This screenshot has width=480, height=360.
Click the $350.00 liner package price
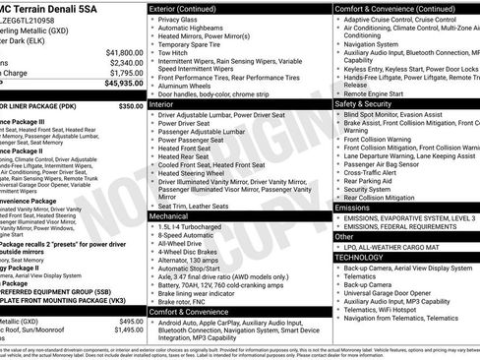(131, 106)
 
